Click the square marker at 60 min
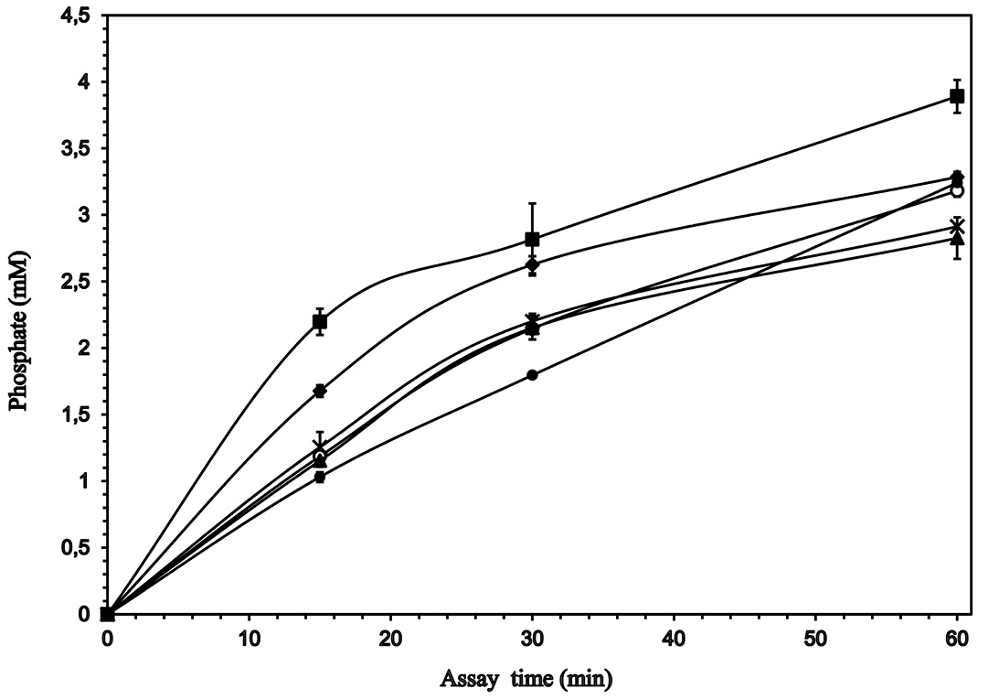coord(957,96)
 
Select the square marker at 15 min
coord(320,321)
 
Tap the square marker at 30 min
coord(532,240)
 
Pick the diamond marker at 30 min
coord(532,265)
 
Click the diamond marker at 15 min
coord(320,391)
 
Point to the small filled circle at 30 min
coord(532,374)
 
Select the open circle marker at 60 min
coord(957,190)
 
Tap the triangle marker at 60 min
coord(957,239)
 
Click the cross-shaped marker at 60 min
coord(957,226)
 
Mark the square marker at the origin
coord(107,614)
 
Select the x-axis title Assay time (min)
coord(526,679)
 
